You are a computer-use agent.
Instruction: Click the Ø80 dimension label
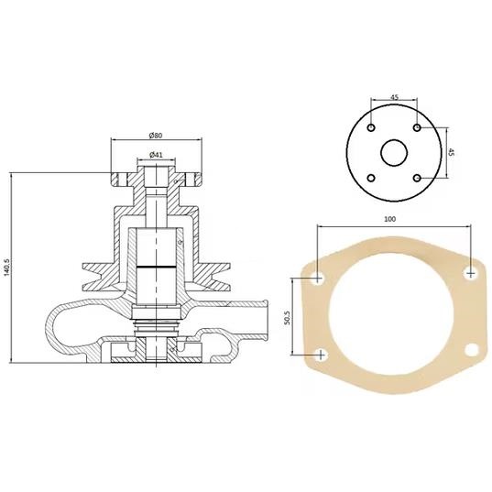pos(156,136)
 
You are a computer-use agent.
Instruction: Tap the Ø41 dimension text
pos(156,154)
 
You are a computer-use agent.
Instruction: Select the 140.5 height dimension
pos(6,268)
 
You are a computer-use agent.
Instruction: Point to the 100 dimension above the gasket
pos(390,219)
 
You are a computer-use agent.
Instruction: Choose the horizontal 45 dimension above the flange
pos(394,97)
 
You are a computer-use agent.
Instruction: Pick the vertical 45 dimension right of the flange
pos(452,152)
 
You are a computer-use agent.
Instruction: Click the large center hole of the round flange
pos(394,153)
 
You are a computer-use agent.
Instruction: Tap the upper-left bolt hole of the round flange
pos(371,127)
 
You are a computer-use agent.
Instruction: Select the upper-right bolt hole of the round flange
pos(417,127)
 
